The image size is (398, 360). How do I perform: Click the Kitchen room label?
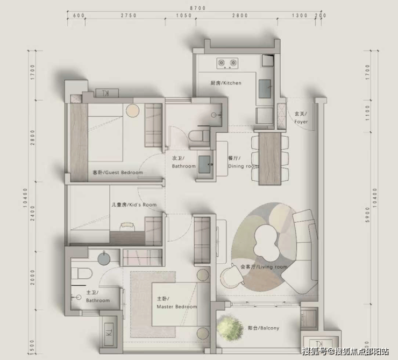[226, 83]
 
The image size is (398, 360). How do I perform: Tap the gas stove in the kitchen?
[228, 63]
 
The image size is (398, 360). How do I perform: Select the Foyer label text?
[301, 118]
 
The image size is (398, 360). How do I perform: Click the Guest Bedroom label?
[118, 173]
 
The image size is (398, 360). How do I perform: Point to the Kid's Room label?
[134, 204]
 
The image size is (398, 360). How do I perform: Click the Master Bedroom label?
[176, 303]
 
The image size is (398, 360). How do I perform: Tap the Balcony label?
[264, 328]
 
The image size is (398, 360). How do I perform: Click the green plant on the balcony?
[230, 327]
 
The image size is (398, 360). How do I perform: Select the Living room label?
[264, 267]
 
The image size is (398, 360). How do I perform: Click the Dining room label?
[243, 162]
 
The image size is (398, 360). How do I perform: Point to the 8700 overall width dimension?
[198, 8]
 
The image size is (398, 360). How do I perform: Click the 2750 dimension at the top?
[129, 16]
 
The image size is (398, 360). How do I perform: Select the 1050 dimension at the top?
[184, 16]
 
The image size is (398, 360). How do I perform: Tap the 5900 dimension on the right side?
[368, 215]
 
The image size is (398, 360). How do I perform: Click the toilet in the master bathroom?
[81, 273]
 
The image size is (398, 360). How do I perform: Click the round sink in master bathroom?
[104, 258]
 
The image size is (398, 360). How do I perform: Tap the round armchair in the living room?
[232, 276]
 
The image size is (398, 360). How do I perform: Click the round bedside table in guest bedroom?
[132, 111]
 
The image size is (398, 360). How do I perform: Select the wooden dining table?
[270, 159]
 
